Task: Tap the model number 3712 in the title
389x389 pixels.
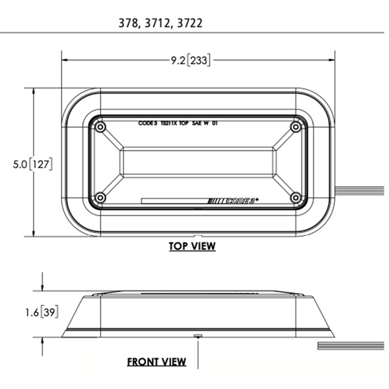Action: [158, 22]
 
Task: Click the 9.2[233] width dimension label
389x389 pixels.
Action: [191, 60]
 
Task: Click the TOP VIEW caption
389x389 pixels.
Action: [192, 246]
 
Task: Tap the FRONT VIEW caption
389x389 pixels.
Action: [156, 362]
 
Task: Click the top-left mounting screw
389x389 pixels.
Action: [100, 128]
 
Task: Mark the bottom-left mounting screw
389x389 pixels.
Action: [100, 197]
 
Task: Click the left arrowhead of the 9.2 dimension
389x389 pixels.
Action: [65, 60]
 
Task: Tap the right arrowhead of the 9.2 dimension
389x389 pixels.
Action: [332, 60]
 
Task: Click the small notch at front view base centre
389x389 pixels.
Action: [198, 336]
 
